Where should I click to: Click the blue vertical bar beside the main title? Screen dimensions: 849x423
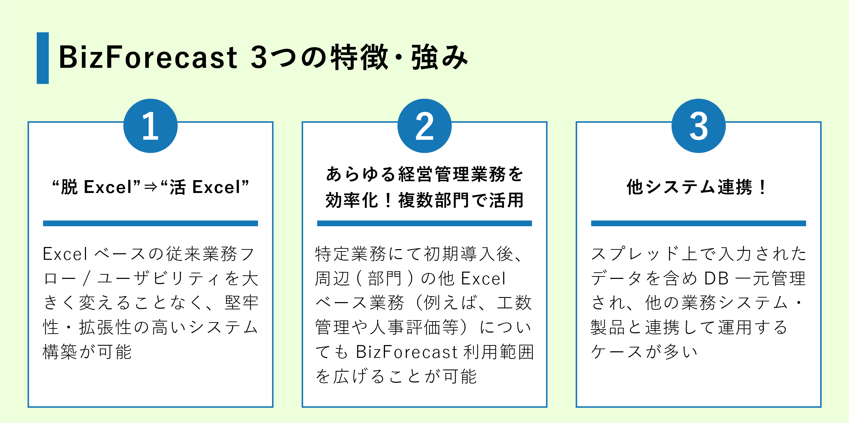coord(43,58)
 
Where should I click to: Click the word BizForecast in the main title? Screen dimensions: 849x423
coord(148,57)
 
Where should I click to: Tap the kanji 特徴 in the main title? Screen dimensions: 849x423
coord(359,57)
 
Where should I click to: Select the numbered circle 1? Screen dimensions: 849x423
coord(150,126)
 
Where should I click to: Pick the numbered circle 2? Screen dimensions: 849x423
coord(424,126)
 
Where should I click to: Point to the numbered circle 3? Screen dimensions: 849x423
coord(699,126)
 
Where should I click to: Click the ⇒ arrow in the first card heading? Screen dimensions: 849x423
coord(151,187)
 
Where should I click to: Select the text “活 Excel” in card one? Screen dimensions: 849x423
coord(205,187)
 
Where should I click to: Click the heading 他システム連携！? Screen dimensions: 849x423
coord(698,187)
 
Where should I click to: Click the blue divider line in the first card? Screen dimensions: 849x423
coord(150,223)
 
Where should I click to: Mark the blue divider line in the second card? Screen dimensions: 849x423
coord(424,223)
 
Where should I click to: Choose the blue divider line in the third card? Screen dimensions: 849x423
coord(699,223)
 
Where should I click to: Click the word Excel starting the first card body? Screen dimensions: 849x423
coord(65,254)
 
